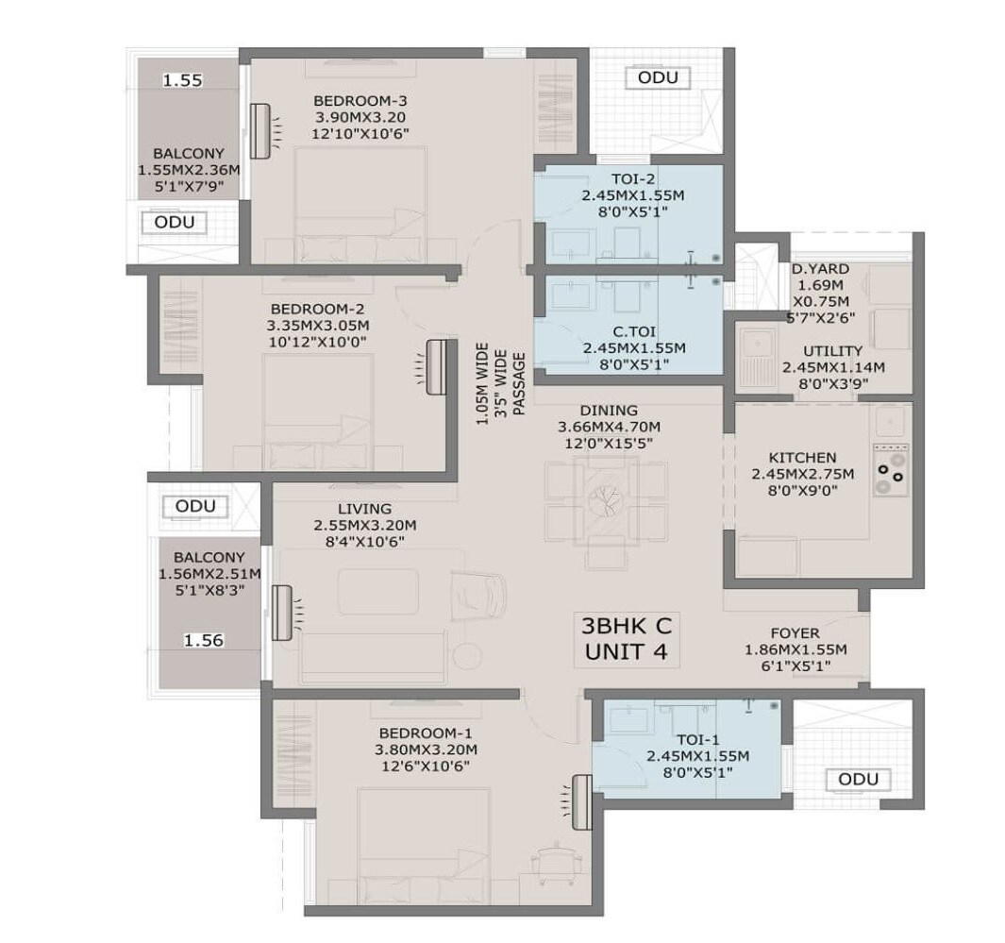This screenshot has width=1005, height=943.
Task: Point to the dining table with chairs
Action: [x=605, y=501]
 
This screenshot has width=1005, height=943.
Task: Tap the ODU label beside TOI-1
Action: [x=858, y=779]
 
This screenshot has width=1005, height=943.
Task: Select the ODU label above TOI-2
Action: [x=658, y=77]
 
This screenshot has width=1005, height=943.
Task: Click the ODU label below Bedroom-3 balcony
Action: [x=176, y=222]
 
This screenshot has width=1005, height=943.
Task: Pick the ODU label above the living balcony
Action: [x=195, y=507]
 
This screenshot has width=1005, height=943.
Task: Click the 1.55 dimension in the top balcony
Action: [x=183, y=81]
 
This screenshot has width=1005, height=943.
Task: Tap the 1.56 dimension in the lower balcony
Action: [x=203, y=640]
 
